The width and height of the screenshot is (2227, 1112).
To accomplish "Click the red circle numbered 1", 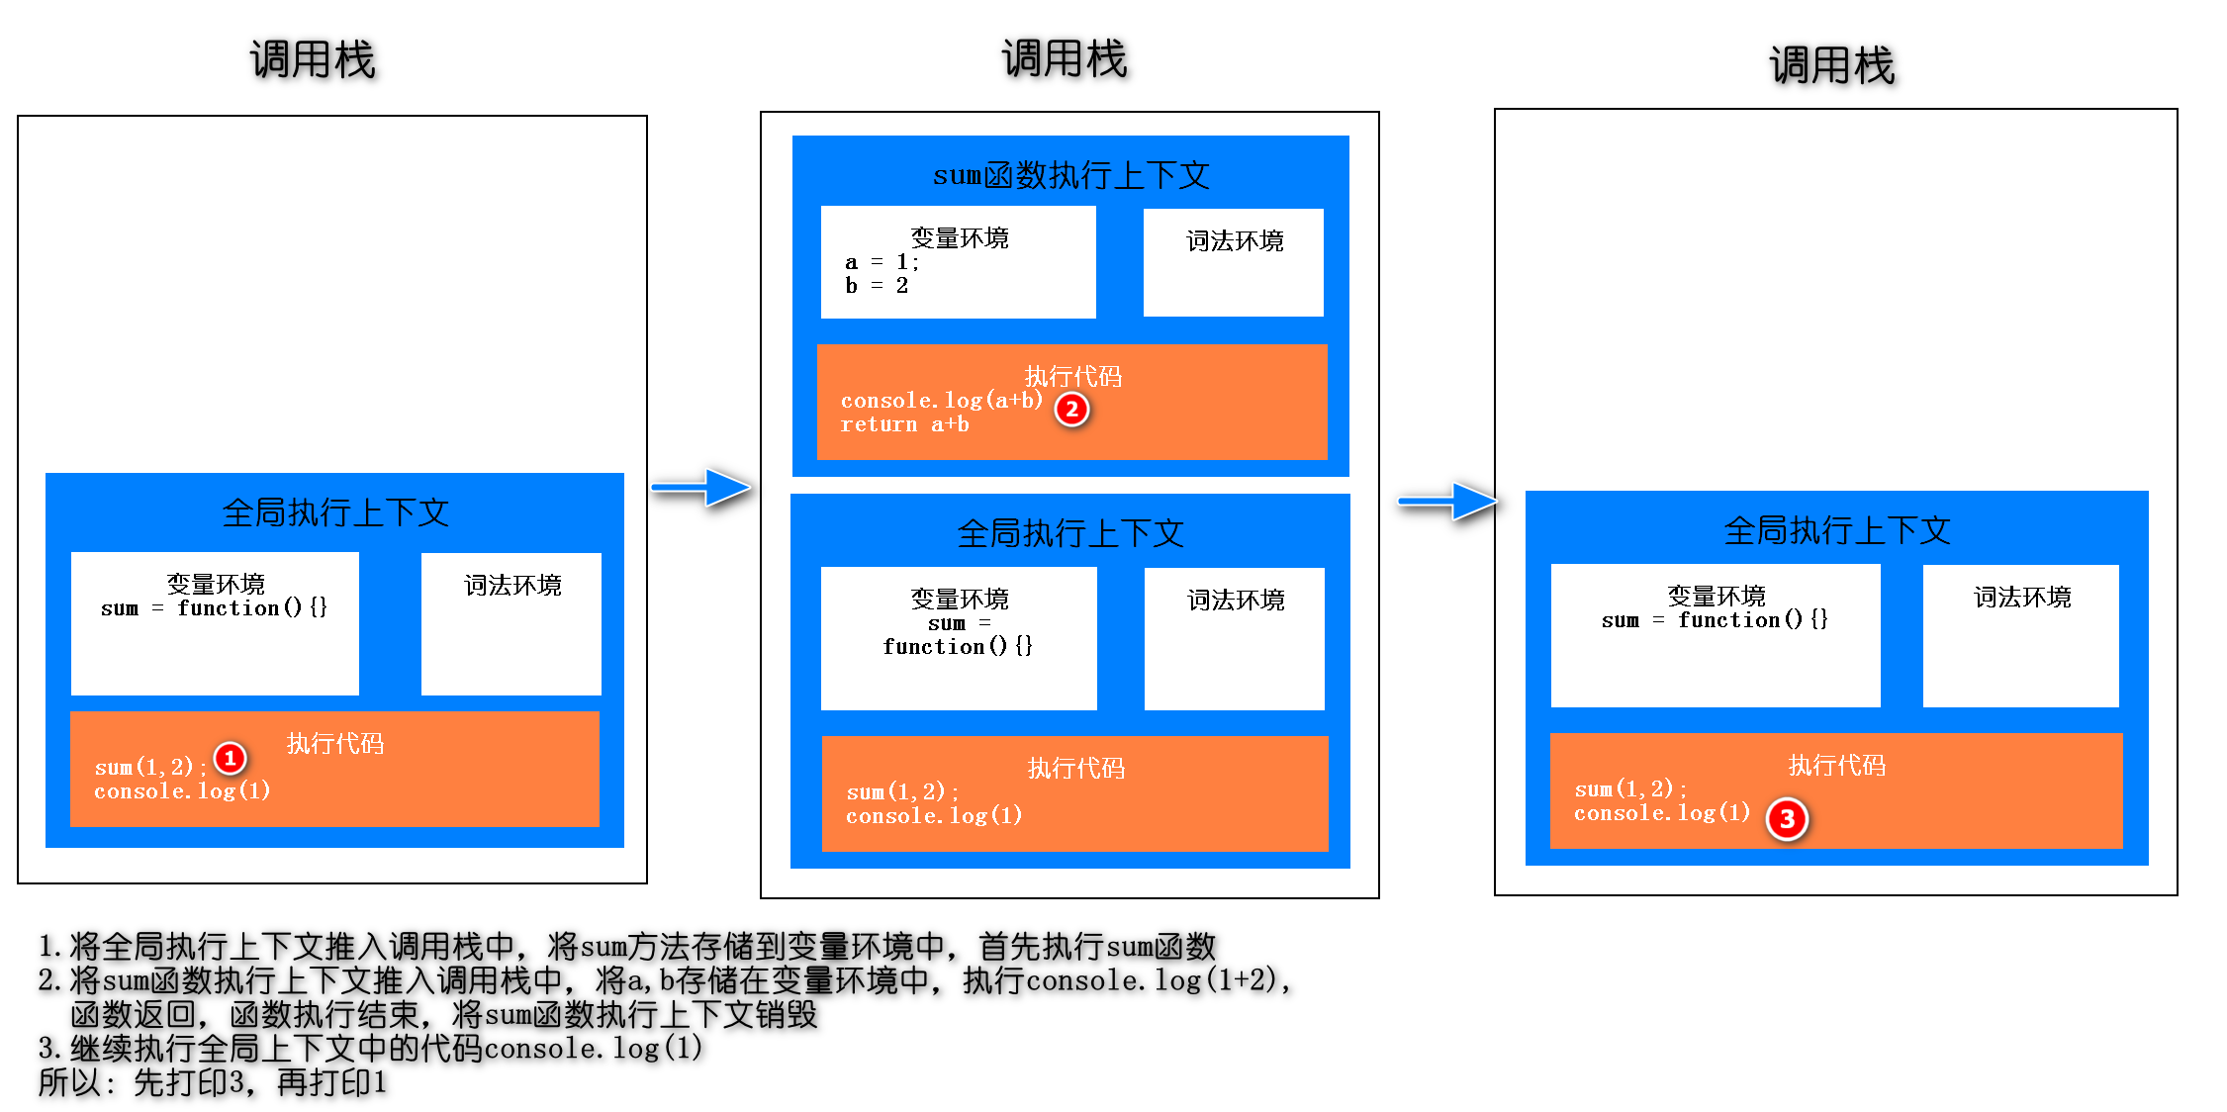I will point(230,759).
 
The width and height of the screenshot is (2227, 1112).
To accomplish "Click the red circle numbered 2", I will point(1071,410).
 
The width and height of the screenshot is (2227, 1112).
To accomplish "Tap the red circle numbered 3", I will point(1787,819).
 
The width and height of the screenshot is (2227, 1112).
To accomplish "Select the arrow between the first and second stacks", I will point(703,487).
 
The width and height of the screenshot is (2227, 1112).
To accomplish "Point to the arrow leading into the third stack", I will point(1447,502).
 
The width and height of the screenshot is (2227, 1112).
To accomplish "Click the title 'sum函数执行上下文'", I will point(1070,176).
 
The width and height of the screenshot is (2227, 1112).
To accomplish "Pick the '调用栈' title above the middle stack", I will point(1065,59).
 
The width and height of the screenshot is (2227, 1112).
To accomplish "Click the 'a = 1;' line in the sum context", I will point(882,262).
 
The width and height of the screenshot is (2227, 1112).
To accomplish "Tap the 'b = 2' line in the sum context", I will point(877,286).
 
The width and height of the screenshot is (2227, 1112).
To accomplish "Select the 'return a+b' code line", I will point(904,424).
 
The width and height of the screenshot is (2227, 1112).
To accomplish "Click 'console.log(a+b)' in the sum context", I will point(941,401).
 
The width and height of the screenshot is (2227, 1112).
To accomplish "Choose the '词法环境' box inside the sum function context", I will point(1234,262).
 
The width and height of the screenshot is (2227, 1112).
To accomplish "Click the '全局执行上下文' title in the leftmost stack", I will point(335,512).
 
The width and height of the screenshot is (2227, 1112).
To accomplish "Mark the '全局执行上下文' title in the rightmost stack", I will point(1836,530).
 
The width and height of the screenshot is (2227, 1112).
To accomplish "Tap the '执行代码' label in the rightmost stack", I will point(1836,765).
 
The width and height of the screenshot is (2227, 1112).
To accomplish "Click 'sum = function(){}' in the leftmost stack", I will point(214,608).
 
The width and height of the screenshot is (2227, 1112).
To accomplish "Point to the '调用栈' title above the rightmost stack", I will point(1831,65).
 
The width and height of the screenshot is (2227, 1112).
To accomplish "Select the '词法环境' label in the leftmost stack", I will point(512,586).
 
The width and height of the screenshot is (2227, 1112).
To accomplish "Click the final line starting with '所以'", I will point(212,1082).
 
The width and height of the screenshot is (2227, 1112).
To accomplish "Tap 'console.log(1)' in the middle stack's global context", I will point(934,816).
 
